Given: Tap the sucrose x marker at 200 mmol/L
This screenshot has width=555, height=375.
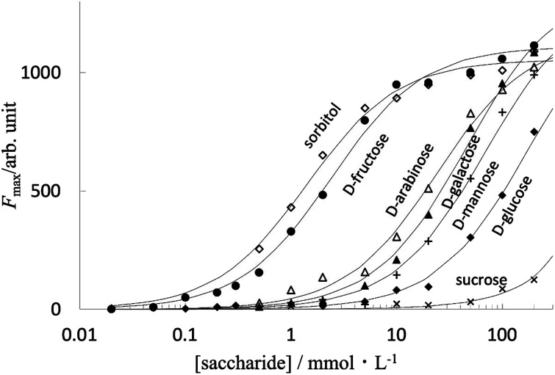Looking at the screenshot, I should [534, 280].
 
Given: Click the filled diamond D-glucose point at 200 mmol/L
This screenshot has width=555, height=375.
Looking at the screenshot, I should [534, 131].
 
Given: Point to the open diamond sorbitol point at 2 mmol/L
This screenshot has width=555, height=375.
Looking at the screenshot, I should [322, 155].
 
